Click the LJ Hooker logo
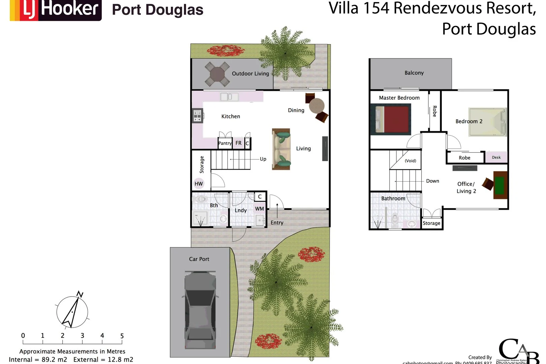56,9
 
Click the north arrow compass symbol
72,312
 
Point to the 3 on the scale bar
82,336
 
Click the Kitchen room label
231,116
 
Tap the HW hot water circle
199,184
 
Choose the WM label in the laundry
259,209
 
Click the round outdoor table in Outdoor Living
217,73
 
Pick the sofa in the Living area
281,149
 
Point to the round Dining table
316,106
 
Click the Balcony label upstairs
414,73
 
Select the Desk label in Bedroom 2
496,157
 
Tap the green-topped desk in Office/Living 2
500,185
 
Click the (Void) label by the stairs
410,161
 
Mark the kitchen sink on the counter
230,97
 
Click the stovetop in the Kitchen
198,116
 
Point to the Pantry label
225,143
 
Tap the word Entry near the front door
277,222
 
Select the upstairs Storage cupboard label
431,223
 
